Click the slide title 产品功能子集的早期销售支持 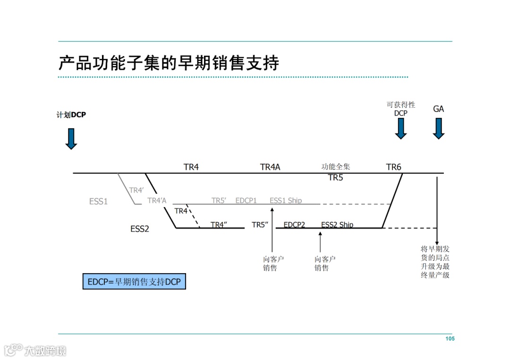pos(169,63)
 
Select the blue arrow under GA pos(439,128)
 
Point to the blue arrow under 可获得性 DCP pos(400,128)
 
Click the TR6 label pos(393,167)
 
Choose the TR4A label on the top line pos(270,167)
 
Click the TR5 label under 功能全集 pos(335,178)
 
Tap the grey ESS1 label pos(98,201)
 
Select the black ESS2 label pos(140,229)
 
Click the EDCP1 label pos(246,201)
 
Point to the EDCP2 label pos(294,225)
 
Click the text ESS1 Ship pos(286,201)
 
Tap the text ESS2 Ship pos(337,225)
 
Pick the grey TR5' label pos(219,201)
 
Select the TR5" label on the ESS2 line pos(260,225)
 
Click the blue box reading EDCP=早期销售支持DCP pos(134,282)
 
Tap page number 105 pos(450,339)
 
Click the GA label pos(439,109)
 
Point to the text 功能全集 pos(336,167)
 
